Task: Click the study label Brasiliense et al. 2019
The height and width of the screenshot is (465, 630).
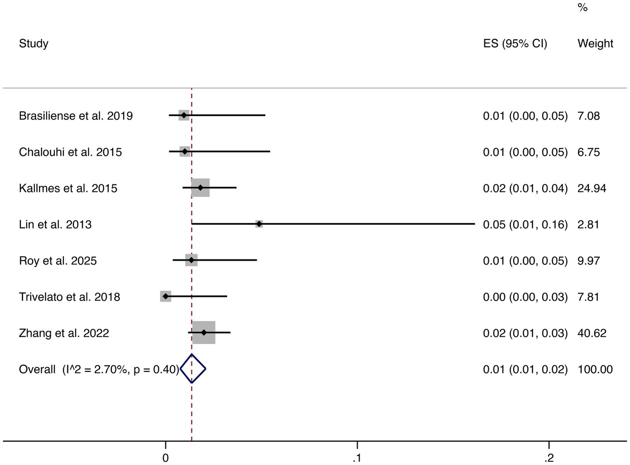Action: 76,116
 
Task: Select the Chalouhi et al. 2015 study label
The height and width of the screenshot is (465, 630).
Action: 71,152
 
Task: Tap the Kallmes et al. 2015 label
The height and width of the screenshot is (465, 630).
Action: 68,188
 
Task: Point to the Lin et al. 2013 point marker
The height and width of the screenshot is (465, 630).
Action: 259,224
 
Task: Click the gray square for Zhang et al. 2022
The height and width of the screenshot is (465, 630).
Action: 204,332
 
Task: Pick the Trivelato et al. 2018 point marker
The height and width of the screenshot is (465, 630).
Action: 165,296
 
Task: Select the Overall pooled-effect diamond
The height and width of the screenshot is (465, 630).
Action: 192,369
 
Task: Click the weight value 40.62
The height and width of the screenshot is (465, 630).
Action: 592,333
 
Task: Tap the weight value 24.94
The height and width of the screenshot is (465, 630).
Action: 592,188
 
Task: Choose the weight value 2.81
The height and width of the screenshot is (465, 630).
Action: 588,224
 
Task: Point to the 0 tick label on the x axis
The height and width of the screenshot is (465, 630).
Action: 165,458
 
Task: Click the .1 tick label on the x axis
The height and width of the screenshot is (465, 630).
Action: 357,458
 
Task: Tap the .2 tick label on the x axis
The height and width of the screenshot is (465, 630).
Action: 549,458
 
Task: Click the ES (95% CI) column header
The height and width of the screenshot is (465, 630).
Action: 515,44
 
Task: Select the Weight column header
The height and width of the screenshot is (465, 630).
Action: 595,44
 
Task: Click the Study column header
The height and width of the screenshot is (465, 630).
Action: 34,44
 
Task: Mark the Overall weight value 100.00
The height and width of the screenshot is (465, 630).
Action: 595,369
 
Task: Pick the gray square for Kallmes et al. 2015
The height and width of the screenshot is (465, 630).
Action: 200,188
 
